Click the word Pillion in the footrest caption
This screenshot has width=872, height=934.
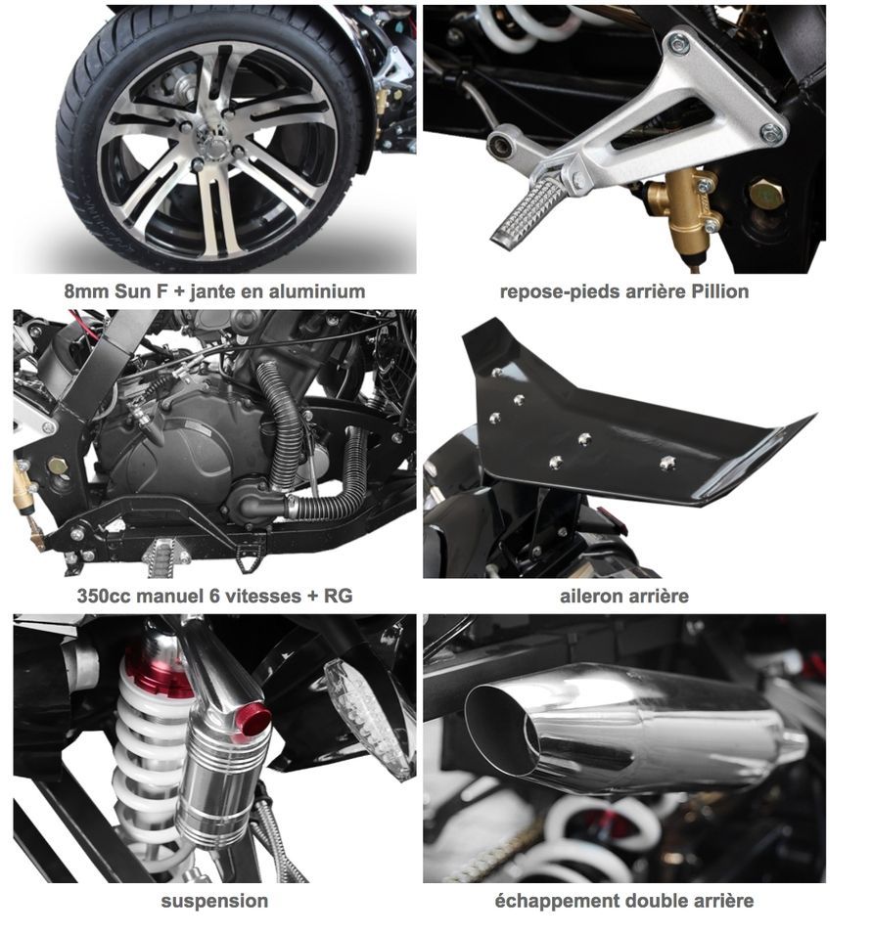pos(719,291)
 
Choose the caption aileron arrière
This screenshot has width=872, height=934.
pos(624,596)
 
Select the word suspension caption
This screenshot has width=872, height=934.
pos(214,902)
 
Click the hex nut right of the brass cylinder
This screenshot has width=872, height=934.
pos(766,195)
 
